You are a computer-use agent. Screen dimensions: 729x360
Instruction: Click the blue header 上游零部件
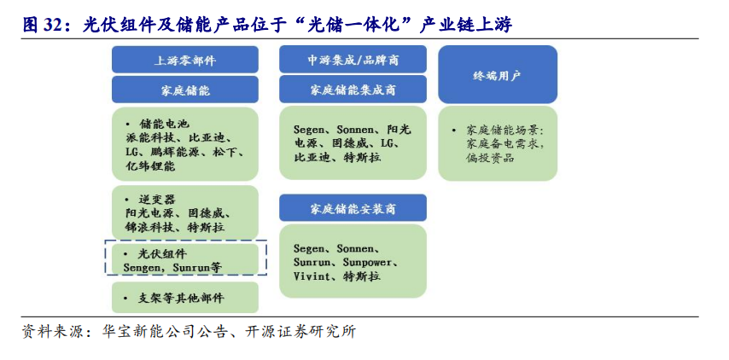185,60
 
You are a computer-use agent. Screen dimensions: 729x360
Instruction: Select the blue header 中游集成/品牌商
353,59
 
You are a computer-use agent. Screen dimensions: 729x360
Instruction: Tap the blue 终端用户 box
498,74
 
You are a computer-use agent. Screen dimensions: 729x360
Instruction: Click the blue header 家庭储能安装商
353,207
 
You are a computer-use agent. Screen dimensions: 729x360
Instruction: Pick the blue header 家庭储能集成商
353,90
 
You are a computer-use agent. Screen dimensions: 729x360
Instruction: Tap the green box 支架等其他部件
185,297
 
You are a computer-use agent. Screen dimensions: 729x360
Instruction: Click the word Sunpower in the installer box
367,263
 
